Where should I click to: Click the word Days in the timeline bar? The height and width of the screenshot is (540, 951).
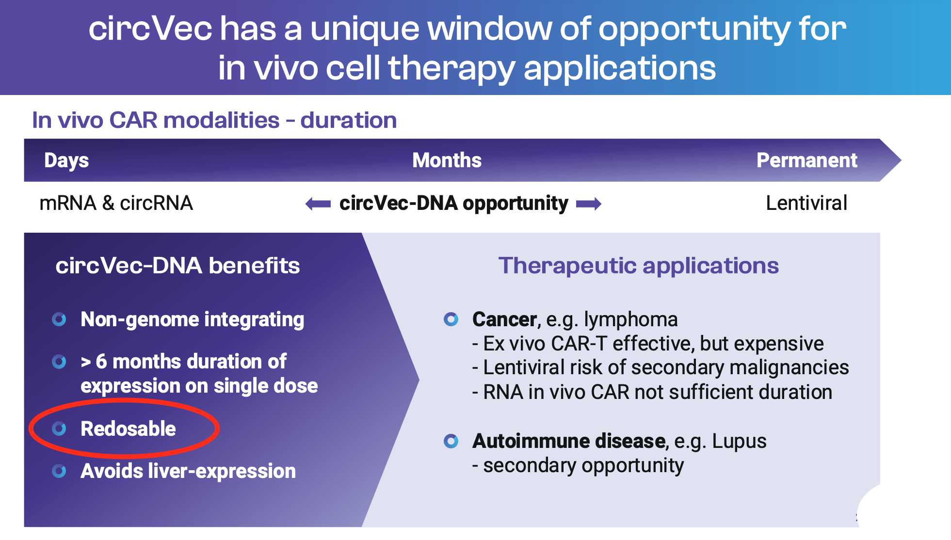[66, 161]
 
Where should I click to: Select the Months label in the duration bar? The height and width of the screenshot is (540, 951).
[447, 160]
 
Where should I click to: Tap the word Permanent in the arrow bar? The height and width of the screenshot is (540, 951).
[807, 160]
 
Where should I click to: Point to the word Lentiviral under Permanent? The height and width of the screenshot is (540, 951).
[806, 203]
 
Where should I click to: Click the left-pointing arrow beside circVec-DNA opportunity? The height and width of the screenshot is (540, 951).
[318, 204]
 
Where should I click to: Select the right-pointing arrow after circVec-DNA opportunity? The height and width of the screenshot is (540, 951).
[589, 204]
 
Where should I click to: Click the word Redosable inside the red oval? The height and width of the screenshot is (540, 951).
[128, 429]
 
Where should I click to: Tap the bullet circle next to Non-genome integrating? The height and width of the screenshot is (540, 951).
[59, 319]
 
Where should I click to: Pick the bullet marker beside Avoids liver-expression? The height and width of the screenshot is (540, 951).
[59, 471]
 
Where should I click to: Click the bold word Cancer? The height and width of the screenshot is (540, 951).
[504, 319]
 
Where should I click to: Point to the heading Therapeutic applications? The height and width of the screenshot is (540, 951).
[638, 266]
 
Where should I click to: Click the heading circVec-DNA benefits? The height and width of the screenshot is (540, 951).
[177, 266]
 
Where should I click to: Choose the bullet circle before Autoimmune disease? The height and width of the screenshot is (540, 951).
[451, 441]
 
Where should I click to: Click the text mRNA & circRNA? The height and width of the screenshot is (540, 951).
[116, 203]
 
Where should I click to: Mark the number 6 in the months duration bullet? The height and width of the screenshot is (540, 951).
[101, 362]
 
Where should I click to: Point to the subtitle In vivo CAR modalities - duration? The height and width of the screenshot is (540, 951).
[214, 120]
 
